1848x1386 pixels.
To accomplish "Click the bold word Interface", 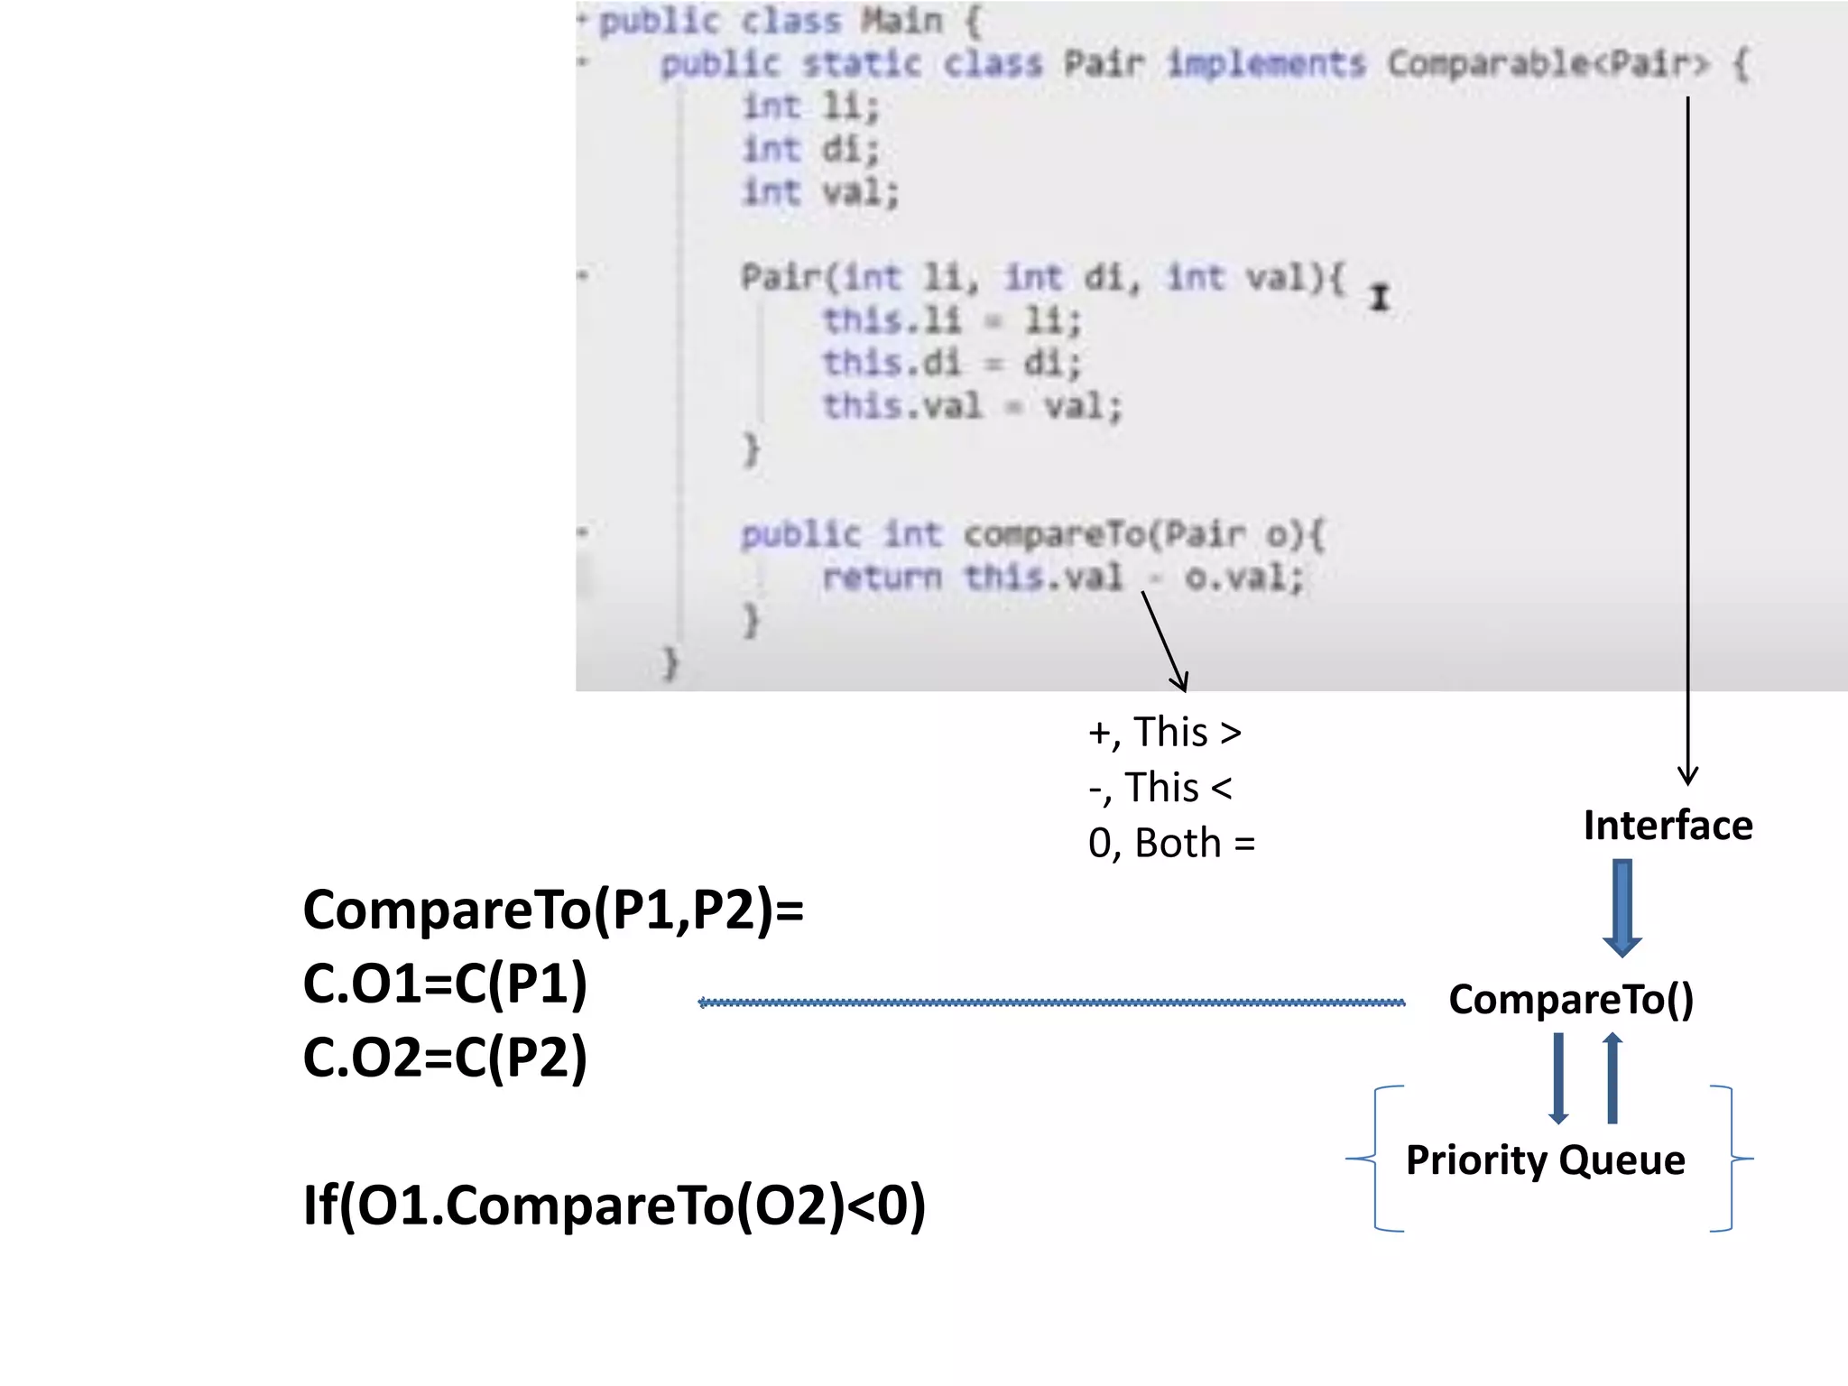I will click(1668, 826).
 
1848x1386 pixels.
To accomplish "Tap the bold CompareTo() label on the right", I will click(1571, 1000).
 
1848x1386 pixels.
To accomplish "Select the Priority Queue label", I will click(1545, 1160).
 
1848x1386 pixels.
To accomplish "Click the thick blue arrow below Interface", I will click(1622, 907).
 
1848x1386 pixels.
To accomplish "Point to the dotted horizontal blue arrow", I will click(1051, 1003).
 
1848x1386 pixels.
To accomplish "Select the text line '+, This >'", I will click(1164, 732).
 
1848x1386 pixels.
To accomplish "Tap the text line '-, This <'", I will click(1160, 788).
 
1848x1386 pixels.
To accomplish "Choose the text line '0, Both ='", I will click(1171, 844).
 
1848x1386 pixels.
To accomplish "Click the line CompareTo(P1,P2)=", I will click(553, 910).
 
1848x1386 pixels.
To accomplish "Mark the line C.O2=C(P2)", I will click(445, 1058).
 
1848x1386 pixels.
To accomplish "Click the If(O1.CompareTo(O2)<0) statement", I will click(614, 1206).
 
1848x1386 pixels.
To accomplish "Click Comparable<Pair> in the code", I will click(1548, 64).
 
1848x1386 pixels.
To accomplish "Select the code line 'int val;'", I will click(820, 192).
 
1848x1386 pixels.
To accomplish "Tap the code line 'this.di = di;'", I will click(951, 364).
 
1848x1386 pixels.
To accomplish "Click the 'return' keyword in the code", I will click(882, 577).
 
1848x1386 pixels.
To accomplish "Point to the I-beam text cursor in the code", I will click(1379, 298).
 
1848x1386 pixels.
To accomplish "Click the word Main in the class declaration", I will click(901, 21).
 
